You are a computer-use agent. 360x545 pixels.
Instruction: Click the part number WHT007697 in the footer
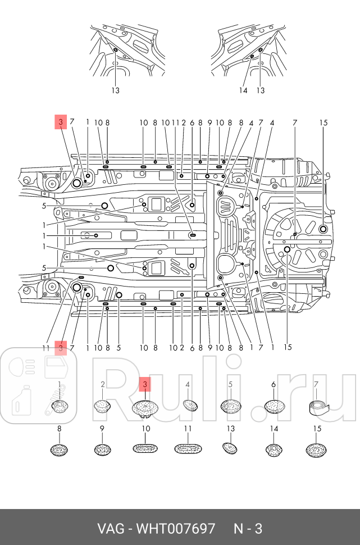coord(176,529)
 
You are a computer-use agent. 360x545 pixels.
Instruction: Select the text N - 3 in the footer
coord(248,529)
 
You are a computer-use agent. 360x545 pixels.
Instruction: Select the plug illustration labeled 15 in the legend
coord(317,449)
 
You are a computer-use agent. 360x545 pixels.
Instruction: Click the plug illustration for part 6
coord(274,406)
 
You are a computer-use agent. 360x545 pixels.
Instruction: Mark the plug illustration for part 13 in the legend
coord(230,448)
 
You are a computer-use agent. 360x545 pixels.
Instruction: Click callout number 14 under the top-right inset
coord(244,90)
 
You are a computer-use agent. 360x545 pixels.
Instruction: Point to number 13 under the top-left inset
coord(115,90)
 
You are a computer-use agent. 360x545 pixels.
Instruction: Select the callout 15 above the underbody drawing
coord(323,122)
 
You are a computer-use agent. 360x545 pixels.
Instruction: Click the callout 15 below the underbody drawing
coord(288,347)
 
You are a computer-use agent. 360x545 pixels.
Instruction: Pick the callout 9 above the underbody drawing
coord(209,122)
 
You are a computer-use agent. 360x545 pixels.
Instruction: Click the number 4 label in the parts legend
coord(188,384)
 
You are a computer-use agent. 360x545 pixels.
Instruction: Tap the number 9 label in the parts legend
coord(102,429)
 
